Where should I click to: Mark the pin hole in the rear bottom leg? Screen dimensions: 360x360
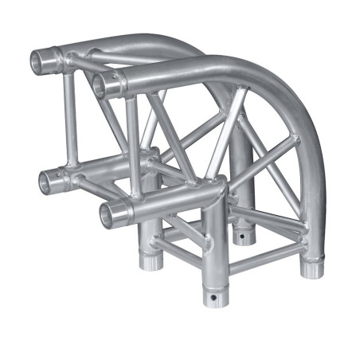click(x=239, y=237)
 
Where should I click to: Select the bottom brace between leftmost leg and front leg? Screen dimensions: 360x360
click(x=179, y=267)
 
